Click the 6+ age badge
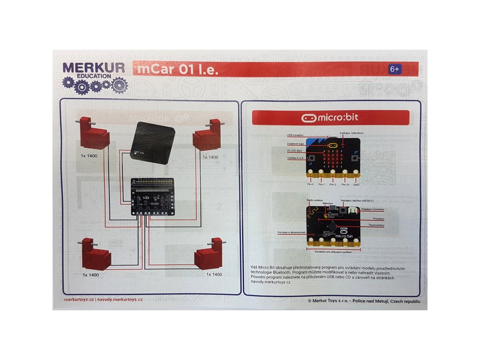coord(395,69)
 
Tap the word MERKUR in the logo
coord(94,67)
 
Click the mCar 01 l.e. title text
coord(178,70)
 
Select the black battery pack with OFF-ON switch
coord(153,143)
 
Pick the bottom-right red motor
coord(208,255)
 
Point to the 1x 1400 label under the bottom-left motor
coord(90,275)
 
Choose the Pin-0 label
coord(310,185)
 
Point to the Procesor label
coord(378,218)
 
